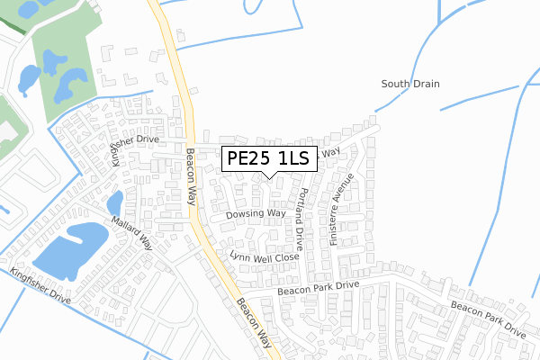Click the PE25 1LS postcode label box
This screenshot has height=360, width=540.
pyautogui.click(x=269, y=159)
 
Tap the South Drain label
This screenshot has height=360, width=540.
pyautogui.click(x=409, y=84)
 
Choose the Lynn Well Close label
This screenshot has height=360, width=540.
pyautogui.click(x=264, y=257)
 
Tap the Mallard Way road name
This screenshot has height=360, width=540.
pyautogui.click(x=133, y=233)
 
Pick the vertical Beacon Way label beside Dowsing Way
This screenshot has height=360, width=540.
pyautogui.click(x=190, y=175)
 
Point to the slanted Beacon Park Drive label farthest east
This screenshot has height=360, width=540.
pyautogui.click(x=488, y=319)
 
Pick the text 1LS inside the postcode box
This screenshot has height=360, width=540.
pyautogui.click(x=293, y=159)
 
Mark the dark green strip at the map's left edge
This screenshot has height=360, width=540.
pyautogui.click(x=11, y=20)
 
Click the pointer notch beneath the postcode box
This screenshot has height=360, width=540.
pyautogui.click(x=269, y=175)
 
